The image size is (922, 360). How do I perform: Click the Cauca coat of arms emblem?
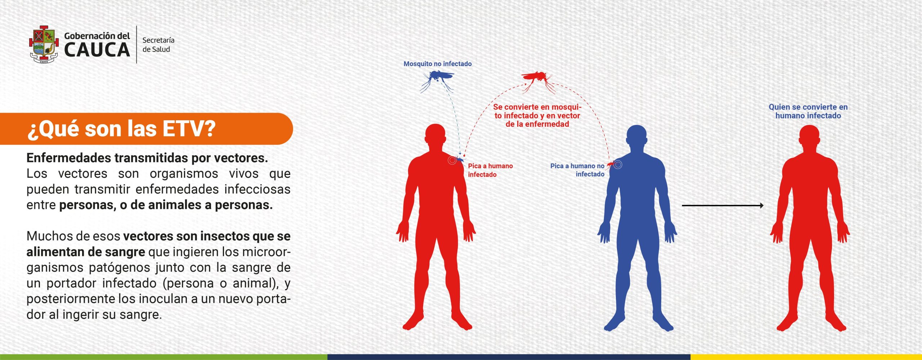[x=44, y=44]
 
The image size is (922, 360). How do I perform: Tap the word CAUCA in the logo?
[x=97, y=50]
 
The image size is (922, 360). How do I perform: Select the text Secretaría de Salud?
[x=158, y=45]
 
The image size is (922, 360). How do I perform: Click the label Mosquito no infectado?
[x=438, y=64]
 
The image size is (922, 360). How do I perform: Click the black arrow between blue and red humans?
[x=723, y=206]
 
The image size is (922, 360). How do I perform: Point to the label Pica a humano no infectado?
[x=577, y=170]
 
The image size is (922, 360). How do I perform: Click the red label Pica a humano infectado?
[x=490, y=170]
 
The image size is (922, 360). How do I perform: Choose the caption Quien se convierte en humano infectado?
[x=808, y=111]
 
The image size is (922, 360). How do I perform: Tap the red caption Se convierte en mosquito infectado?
[x=537, y=116]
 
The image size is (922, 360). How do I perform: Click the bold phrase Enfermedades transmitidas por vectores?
[x=147, y=158]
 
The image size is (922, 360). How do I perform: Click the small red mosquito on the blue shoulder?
[x=610, y=165]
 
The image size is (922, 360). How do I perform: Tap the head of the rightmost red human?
[x=809, y=136]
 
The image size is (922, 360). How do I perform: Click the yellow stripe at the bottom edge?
[x=806, y=357]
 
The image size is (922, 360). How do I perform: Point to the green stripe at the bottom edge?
[x=164, y=357]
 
